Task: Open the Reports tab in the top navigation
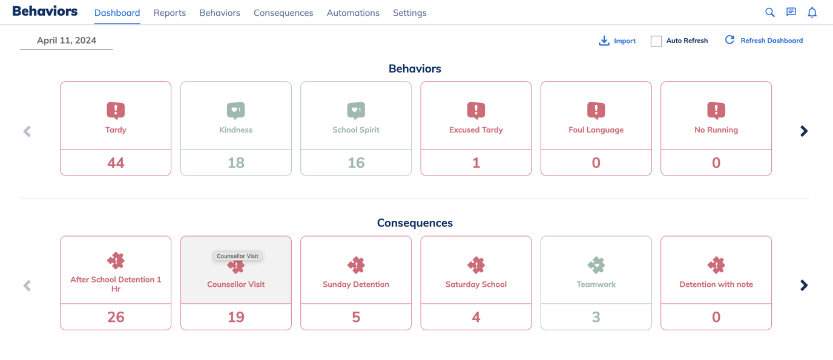tap(170, 13)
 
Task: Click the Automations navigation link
tap(353, 13)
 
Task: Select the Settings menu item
tap(409, 13)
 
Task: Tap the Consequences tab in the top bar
tap(283, 13)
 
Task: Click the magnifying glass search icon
tap(769, 12)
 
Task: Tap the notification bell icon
tap(812, 12)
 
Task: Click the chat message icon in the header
tap(791, 12)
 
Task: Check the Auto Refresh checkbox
tap(656, 41)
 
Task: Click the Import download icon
tap(604, 41)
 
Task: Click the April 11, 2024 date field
tap(67, 41)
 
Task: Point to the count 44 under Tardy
tap(116, 163)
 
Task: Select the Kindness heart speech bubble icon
tap(235, 110)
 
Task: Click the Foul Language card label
tap(596, 129)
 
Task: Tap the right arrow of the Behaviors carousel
tap(804, 131)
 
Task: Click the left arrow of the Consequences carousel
tap(27, 286)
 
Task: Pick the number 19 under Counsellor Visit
tap(235, 317)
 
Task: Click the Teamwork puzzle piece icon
tap(596, 264)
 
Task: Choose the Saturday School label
tap(476, 284)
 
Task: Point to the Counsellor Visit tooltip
tap(237, 256)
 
